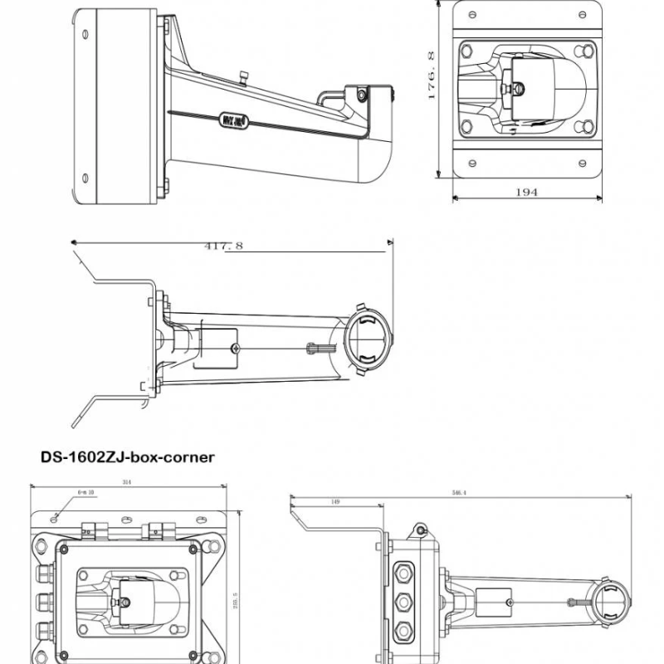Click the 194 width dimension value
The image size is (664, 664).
coord(526,192)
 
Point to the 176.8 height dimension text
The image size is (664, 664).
coord(431,76)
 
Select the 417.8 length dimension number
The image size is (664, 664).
coord(222,246)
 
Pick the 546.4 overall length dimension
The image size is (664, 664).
coord(458,492)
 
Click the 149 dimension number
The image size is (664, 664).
coord(334,502)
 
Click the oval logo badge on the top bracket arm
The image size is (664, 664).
coord(231,120)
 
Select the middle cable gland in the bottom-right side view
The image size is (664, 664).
coord(403,602)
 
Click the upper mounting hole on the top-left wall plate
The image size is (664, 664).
coord(85,34)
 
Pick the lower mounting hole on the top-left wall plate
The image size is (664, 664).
coord(85,175)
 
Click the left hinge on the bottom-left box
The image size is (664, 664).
coord(94,530)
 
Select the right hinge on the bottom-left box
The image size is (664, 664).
coord(157,530)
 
